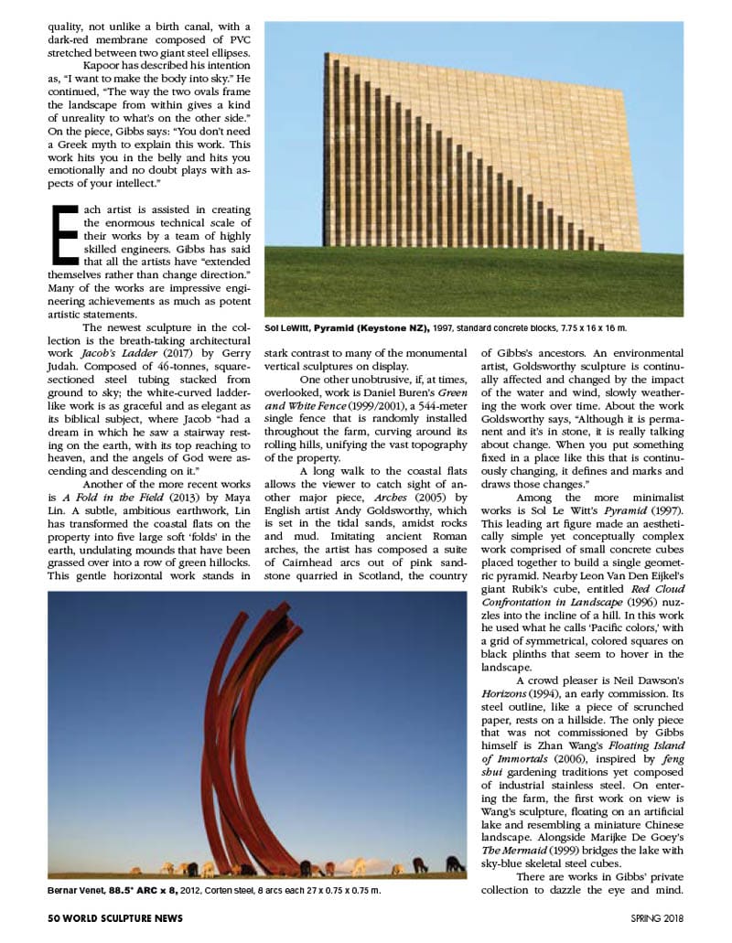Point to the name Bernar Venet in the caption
[76, 890]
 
